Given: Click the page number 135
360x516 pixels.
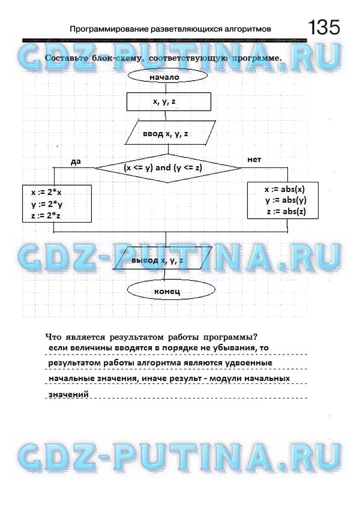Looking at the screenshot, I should pyautogui.click(x=324, y=28).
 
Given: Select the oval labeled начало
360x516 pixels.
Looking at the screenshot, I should pyautogui.click(x=164, y=77).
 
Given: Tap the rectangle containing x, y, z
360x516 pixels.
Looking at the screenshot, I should pyautogui.click(x=168, y=102).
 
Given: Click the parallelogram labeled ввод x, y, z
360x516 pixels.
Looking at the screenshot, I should pyautogui.click(x=169, y=134).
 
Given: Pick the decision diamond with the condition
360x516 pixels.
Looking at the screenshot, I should pyautogui.click(x=168, y=168).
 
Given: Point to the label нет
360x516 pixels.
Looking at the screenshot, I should pyautogui.click(x=254, y=160).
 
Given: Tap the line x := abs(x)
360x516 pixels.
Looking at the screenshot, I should pyautogui.click(x=285, y=189).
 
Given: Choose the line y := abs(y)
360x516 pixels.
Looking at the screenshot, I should pyautogui.click(x=286, y=200).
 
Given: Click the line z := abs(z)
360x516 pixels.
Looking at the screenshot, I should pyautogui.click(x=286, y=212).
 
